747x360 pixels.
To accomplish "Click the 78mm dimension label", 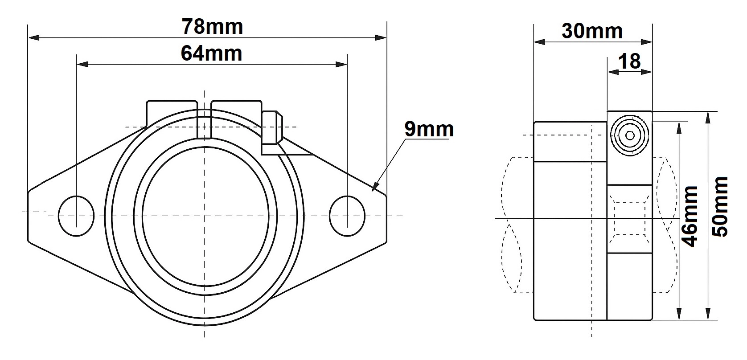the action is (213, 26).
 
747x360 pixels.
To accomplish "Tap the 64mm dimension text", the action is (211, 53).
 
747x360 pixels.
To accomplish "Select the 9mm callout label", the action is (429, 129).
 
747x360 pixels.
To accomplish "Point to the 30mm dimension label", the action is (592, 31).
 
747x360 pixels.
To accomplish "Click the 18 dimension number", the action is (629, 61).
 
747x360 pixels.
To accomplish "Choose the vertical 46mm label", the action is (690, 217).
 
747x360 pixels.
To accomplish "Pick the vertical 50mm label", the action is (720, 207).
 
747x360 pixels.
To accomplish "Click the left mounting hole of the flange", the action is (76, 216).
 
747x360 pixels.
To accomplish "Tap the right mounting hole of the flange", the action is (347, 216).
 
